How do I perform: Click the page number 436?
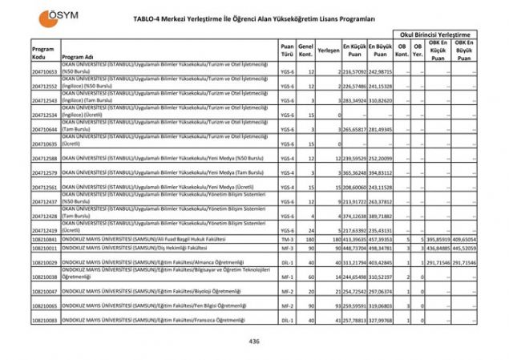pos(255,340)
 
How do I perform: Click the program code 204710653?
pos(44,72)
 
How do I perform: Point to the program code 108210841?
pos(44,239)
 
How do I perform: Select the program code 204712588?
pos(44,159)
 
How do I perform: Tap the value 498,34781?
pos(381,249)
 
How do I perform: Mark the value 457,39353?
pos(381,239)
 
